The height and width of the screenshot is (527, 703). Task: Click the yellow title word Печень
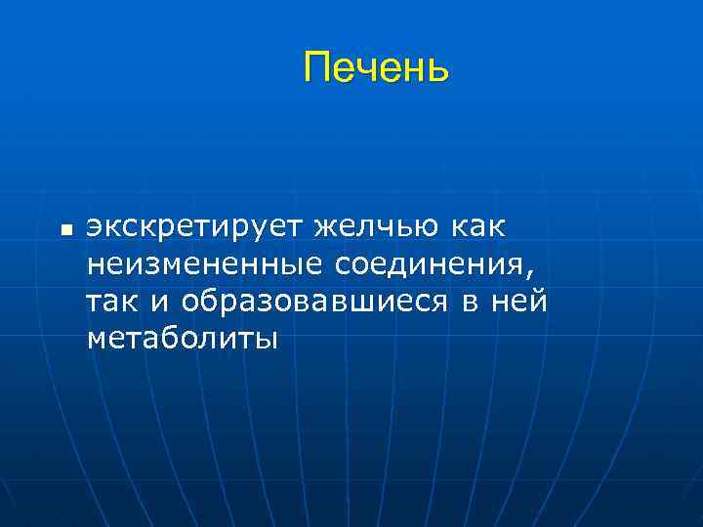point(376,68)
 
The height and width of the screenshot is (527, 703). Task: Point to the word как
point(477,226)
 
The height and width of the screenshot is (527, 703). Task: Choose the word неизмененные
point(205,264)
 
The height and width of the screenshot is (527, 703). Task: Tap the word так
point(112,303)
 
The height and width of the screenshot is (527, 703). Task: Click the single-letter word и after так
point(160,303)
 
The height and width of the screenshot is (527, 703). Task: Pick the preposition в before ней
point(472,303)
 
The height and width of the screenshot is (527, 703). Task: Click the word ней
point(519,302)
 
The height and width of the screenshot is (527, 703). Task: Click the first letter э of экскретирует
point(95,227)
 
